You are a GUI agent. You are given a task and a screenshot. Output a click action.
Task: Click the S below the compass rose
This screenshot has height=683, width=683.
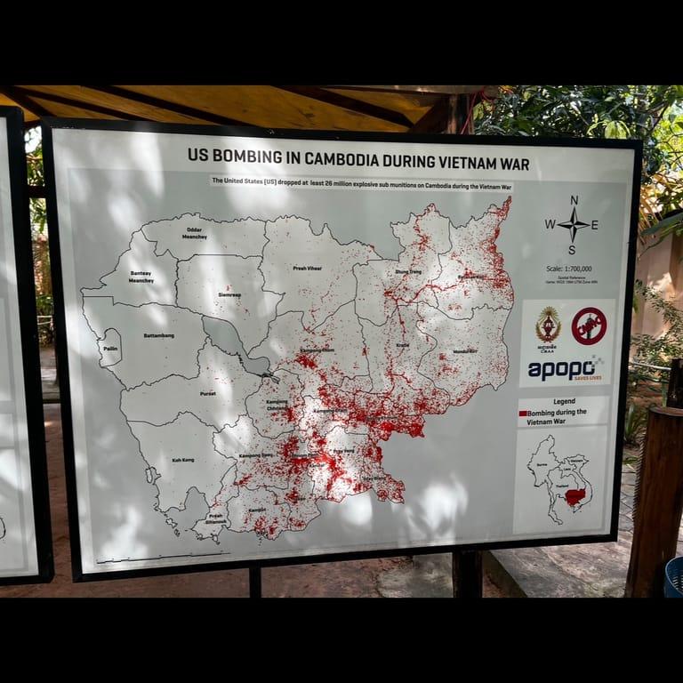coord(572,250)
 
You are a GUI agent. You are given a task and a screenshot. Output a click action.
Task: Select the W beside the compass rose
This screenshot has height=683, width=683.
coord(550,225)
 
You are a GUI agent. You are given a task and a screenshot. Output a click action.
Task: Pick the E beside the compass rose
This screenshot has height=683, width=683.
coord(594,225)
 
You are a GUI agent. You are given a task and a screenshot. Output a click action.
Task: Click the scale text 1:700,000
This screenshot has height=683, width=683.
coord(570,269)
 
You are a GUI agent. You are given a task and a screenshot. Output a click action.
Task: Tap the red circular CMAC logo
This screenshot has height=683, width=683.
coord(588,325)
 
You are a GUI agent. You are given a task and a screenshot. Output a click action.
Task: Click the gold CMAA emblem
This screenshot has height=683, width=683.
coord(547,325)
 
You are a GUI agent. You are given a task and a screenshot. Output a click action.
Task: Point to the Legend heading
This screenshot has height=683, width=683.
coord(564,402)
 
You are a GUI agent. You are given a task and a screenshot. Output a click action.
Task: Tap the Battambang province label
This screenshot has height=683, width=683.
coord(157,336)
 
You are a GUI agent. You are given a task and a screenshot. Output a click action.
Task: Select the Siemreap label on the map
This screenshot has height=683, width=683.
coord(229,294)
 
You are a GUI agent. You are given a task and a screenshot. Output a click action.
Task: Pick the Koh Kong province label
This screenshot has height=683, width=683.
coord(182,460)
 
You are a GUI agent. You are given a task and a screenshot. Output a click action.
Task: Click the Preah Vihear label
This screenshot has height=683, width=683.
coord(307,267)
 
